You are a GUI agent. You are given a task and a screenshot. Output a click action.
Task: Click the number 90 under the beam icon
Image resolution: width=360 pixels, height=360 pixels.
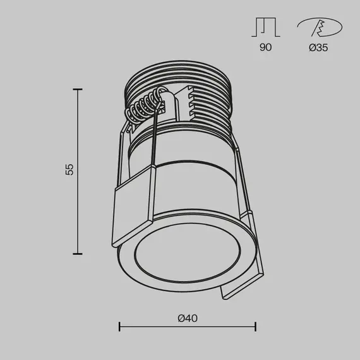(x=265, y=47)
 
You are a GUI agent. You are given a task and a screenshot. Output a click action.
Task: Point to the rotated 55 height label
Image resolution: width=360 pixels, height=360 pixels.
(x=70, y=169)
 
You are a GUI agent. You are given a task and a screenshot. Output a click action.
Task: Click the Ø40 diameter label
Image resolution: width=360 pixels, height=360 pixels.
(x=188, y=319)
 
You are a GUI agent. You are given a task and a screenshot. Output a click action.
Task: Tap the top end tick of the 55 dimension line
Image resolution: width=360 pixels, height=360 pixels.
(x=78, y=90)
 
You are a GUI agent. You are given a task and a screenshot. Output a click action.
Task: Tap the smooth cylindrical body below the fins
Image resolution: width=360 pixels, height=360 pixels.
(x=189, y=171)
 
